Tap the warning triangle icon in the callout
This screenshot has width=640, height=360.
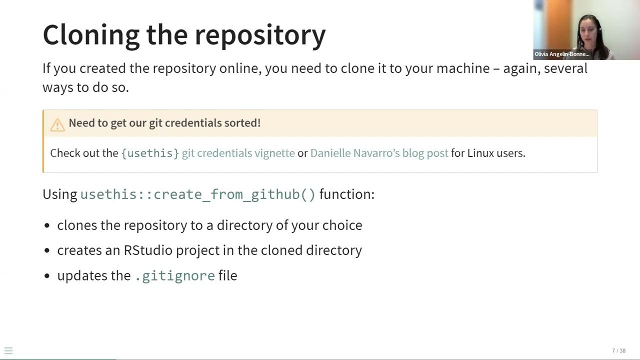57,124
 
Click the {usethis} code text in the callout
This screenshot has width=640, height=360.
150,153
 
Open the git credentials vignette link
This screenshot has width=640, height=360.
238,153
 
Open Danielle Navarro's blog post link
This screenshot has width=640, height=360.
379,153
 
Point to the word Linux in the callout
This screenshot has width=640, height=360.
480,153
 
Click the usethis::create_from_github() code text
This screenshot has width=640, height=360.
197,194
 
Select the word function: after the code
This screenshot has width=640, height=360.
346,194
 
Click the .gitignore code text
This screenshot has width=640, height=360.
175,276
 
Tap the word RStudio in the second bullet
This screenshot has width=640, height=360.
148,250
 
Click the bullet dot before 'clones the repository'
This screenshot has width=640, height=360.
47,226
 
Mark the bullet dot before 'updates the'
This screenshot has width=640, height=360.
47,276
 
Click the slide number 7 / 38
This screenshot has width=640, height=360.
618,351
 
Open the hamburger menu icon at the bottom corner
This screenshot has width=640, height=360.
8,351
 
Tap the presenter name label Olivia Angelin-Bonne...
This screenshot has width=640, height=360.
561,54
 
